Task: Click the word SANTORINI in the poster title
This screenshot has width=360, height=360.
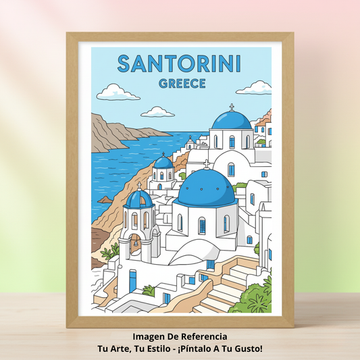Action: [179, 64]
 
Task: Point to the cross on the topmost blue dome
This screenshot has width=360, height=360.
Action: [231, 107]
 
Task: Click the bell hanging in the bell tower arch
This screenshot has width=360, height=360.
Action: [136, 239]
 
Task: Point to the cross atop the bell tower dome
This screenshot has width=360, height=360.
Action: [140, 185]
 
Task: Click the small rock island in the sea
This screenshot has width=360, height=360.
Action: [105, 199]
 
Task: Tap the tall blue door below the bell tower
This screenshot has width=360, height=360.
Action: [132, 280]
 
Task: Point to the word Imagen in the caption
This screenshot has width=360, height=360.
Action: [149, 336]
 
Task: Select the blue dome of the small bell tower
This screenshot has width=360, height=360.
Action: [140, 199]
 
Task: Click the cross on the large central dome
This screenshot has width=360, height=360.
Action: [207, 164]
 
